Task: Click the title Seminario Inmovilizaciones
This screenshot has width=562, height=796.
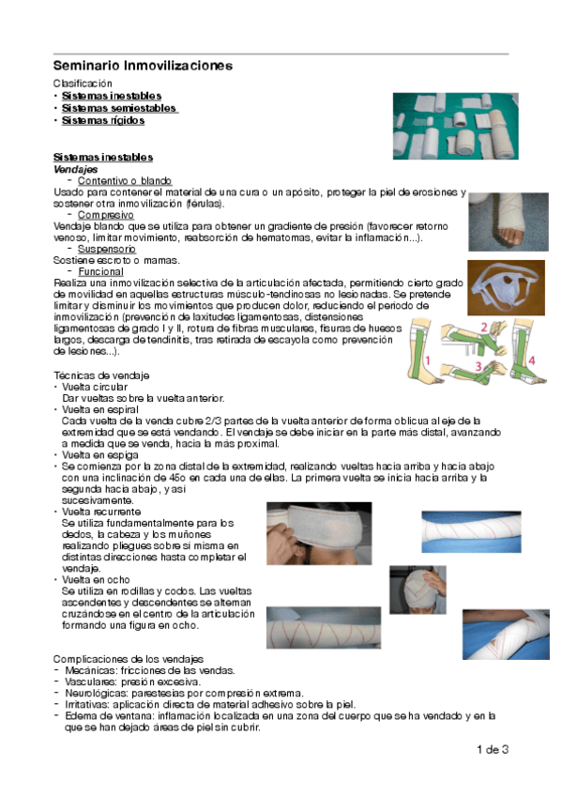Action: (x=143, y=66)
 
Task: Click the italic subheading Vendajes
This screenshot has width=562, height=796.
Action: (x=75, y=168)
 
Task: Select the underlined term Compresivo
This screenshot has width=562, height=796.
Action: (x=106, y=215)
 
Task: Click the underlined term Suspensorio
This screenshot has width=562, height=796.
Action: (x=107, y=250)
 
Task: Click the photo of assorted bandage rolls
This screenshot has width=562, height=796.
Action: (x=448, y=125)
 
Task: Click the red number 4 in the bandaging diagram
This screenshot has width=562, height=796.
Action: (x=530, y=360)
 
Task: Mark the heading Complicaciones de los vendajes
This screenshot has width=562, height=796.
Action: (x=129, y=659)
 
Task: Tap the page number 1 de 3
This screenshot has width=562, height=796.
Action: (x=493, y=749)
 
